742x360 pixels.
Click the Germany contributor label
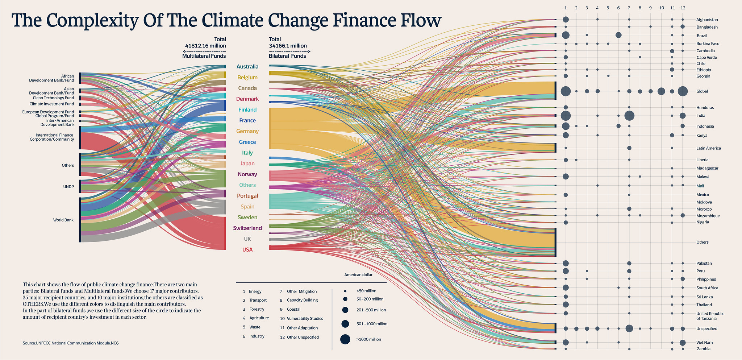(247, 131)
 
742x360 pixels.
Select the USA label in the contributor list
(247, 250)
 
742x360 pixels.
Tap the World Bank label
(63, 220)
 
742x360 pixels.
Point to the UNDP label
(68, 187)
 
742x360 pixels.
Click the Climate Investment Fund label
(57, 104)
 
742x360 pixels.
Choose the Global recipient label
(702, 91)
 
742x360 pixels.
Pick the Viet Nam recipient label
(704, 343)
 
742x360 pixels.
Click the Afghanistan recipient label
(707, 20)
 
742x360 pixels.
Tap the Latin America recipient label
(708, 148)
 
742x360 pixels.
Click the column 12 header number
(683, 8)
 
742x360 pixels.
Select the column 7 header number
(629, 8)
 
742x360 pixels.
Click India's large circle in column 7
(629, 116)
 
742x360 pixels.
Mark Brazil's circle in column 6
(618, 35)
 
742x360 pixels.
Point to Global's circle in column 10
(661, 91)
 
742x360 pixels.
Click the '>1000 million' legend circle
(345, 339)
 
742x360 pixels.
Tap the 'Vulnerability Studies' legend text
(305, 319)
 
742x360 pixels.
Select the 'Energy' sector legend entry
(255, 291)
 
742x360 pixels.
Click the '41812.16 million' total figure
(205, 46)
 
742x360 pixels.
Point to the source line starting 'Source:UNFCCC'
(70, 343)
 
